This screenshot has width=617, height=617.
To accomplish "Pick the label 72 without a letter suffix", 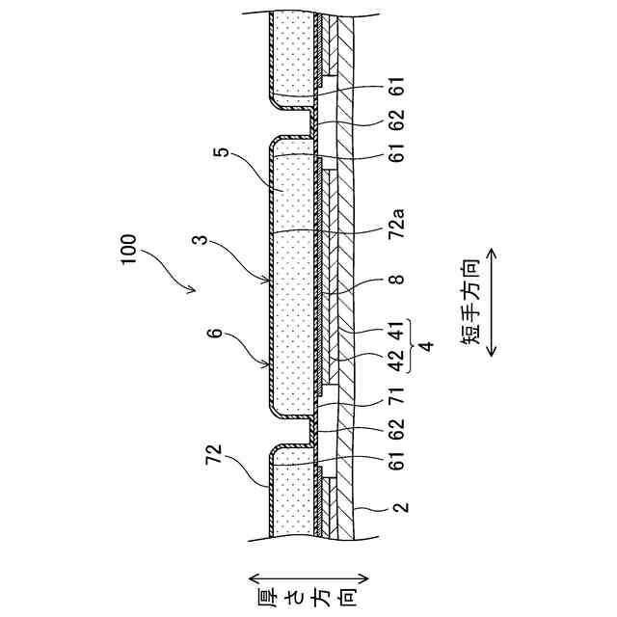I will pos(216,450).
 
